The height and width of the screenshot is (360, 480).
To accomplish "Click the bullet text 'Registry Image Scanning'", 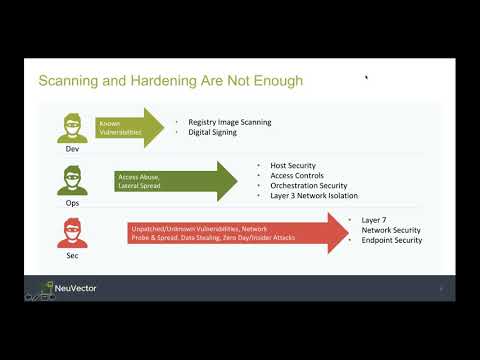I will click(x=229, y=122).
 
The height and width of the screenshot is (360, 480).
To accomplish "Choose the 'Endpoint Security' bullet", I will click(x=391, y=240).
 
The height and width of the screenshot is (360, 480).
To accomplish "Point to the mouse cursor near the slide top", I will click(x=367, y=76).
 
